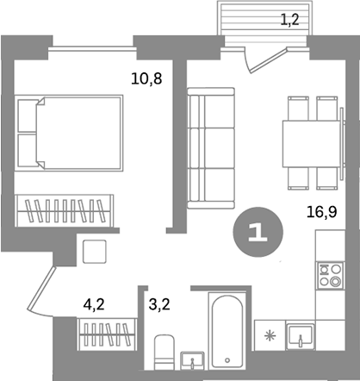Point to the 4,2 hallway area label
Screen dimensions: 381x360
[95, 303]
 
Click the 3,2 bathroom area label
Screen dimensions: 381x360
[160, 303]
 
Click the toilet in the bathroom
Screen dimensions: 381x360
[164, 353]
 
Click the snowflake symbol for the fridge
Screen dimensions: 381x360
[270, 334]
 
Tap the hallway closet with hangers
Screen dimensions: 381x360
[108, 334]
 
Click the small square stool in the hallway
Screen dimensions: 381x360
[94, 250]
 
